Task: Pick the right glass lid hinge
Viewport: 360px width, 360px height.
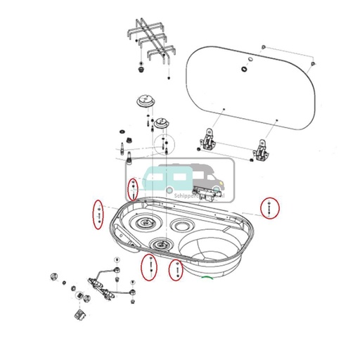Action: [x=262, y=149]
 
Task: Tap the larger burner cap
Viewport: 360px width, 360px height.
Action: [x=146, y=101]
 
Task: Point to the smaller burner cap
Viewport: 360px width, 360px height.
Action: [x=163, y=122]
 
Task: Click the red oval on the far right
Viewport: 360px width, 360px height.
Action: [x=269, y=208]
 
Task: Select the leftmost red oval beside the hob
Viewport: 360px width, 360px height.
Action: [x=98, y=214]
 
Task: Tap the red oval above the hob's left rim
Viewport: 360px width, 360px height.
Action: [x=132, y=189]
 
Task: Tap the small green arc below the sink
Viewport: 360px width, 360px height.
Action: [x=207, y=279]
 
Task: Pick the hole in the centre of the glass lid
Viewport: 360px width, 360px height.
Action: [x=244, y=68]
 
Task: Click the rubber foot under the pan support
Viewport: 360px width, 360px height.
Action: [x=142, y=70]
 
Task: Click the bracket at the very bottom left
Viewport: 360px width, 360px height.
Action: [x=79, y=313]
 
